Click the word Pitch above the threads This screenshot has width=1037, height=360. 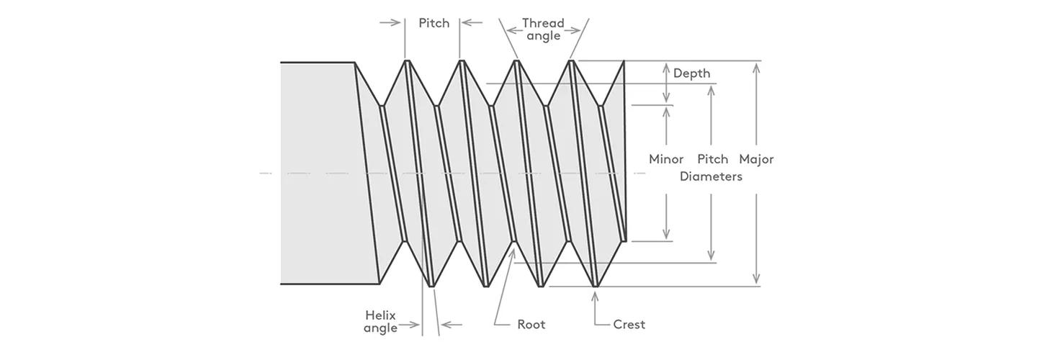pos(434,23)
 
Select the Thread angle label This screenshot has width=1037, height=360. pos(543,30)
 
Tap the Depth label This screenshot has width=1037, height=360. pos(691,73)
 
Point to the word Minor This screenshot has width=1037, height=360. pos(666,159)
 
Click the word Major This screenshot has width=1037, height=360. pos(756,159)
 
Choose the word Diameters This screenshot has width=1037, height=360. pos(711,176)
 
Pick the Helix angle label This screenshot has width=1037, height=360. pos(380,322)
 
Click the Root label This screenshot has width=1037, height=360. pos(531,325)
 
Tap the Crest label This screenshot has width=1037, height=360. pos(629,325)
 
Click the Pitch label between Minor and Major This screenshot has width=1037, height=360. pos(713,159)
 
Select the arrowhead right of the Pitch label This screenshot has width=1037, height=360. pos(466,23)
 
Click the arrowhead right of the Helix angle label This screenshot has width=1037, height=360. pos(445,325)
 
